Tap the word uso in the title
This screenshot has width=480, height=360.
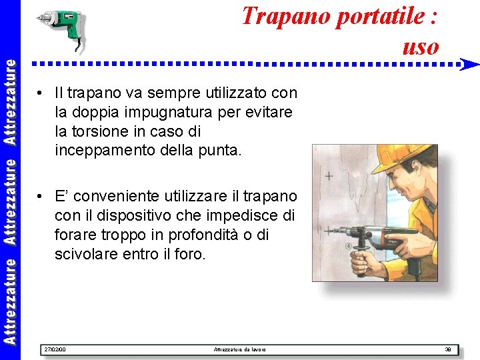(421, 47)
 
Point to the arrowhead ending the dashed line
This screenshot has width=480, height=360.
(470, 65)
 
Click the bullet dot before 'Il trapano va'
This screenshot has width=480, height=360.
(41, 93)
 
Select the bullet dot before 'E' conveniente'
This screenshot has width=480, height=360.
(41, 197)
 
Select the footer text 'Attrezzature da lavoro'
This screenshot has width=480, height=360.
(239, 349)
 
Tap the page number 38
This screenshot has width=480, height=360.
(448, 349)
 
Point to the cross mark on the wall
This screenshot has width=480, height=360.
(329, 177)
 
